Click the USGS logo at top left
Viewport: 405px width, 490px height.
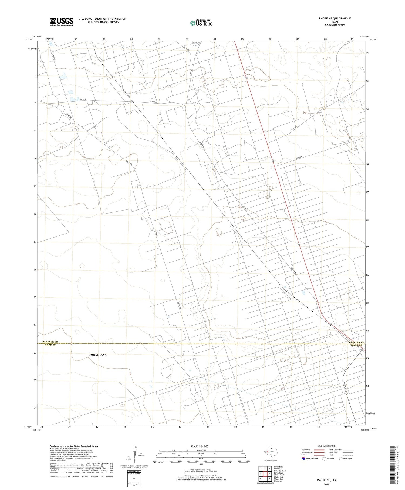point(62,22)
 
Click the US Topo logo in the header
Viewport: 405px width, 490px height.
point(201,23)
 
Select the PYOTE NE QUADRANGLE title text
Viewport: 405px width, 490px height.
point(335,18)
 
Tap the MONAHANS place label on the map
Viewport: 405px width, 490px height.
point(98,355)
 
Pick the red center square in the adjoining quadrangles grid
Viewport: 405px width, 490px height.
point(265,473)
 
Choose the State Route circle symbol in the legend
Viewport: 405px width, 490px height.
point(341,458)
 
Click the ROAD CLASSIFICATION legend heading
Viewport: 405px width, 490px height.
point(326,446)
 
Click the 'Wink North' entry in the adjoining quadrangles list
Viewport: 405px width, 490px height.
point(279,467)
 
